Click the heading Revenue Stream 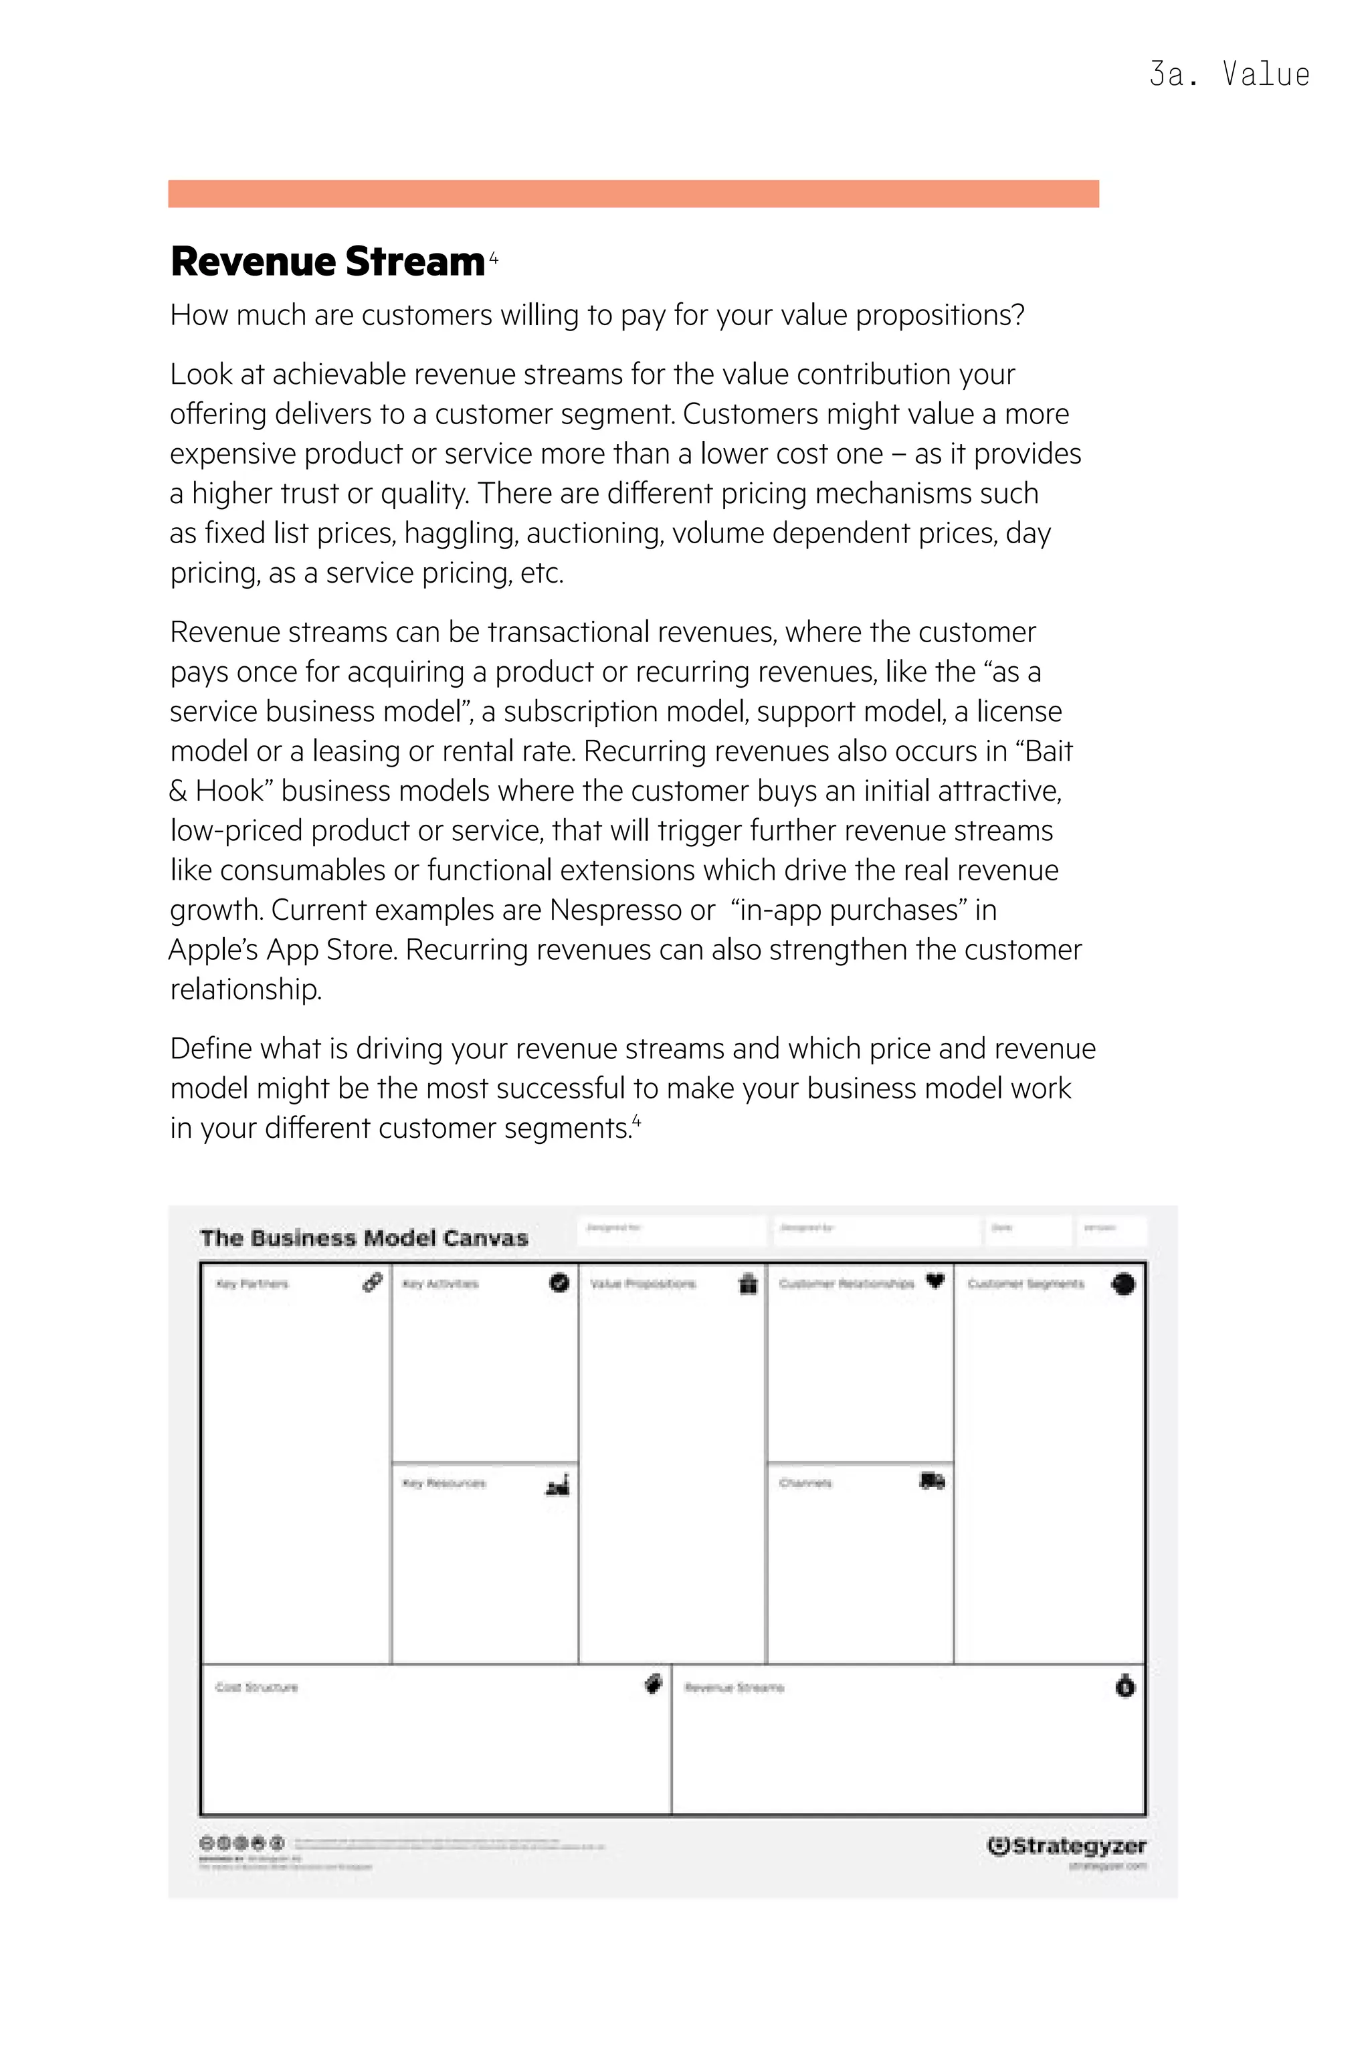pyautogui.click(x=328, y=262)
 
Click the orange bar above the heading pyautogui.click(x=633, y=193)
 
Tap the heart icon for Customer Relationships pyautogui.click(x=935, y=1282)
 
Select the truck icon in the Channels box pyautogui.click(x=933, y=1481)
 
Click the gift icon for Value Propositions pyautogui.click(x=748, y=1284)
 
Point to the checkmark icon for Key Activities pyautogui.click(x=559, y=1282)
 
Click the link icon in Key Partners pyautogui.click(x=372, y=1282)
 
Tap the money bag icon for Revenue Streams pyautogui.click(x=1125, y=1686)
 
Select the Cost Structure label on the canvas pyautogui.click(x=257, y=1687)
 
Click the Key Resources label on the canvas pyautogui.click(x=444, y=1484)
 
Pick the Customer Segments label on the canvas pyautogui.click(x=1025, y=1284)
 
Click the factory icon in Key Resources pyautogui.click(x=557, y=1484)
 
